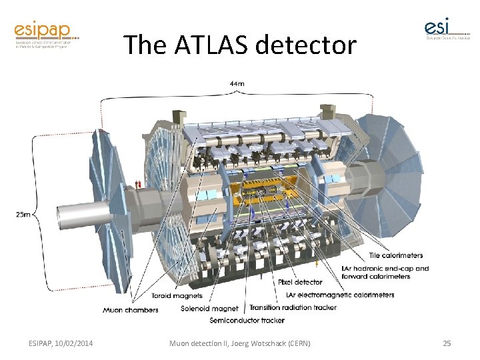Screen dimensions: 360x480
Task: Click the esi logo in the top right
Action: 446,29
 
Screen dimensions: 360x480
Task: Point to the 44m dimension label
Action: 237,85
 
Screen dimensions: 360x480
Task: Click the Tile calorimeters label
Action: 395,255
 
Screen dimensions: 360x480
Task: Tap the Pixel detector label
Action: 300,282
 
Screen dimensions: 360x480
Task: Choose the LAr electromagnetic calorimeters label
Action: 339,295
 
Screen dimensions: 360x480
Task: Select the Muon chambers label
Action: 131,309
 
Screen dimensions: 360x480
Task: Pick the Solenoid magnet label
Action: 209,309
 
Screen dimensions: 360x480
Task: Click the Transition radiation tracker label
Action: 293,307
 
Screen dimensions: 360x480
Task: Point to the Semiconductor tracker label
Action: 247,321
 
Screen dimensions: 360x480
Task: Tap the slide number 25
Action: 447,343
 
